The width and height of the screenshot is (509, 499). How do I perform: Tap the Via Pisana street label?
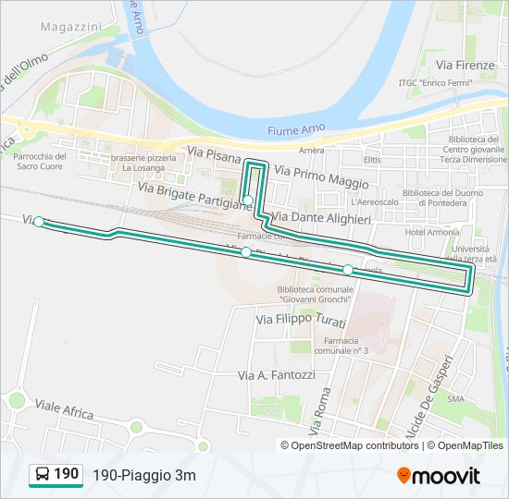click(x=214, y=152)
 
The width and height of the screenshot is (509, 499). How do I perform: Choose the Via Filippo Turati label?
click(x=300, y=320)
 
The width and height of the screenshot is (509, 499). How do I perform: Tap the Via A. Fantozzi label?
click(x=277, y=375)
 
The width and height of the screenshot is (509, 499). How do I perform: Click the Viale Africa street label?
click(x=64, y=409)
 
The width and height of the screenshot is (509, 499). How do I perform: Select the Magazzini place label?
click(x=70, y=28)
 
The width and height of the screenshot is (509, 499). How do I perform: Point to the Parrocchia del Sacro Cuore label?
click(x=40, y=162)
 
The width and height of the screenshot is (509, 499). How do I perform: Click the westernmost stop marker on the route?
click(x=39, y=222)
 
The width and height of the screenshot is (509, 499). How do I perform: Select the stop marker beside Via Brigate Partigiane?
click(x=248, y=200)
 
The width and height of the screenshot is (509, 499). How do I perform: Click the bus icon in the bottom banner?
click(x=43, y=475)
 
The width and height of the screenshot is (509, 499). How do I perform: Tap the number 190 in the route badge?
click(x=67, y=474)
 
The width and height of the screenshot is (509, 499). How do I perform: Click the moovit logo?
click(x=439, y=476)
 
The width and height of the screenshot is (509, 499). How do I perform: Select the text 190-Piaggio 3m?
click(x=143, y=476)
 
